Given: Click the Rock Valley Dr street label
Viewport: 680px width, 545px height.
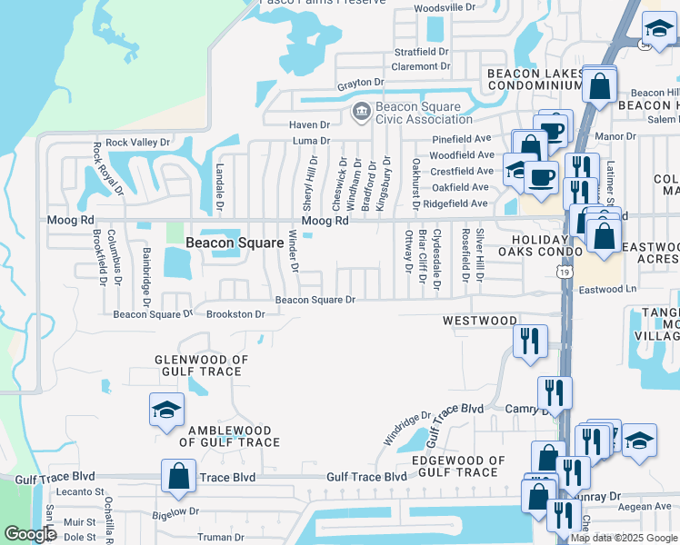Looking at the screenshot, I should tap(138, 143).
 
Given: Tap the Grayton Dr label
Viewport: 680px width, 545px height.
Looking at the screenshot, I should tap(358, 84).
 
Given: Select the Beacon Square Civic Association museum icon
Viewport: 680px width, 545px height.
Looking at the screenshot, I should tap(360, 113).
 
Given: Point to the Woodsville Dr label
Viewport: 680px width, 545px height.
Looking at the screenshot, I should tap(445, 8).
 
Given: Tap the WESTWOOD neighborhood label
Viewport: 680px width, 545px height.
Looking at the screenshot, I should tap(480, 321).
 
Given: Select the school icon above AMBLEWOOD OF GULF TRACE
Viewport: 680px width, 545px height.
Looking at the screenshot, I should tap(167, 410).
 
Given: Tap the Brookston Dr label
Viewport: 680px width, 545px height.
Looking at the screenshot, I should tap(235, 314).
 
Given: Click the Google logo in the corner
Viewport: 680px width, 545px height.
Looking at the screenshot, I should tap(31, 534).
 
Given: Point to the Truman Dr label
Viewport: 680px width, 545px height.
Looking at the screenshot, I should tap(218, 537).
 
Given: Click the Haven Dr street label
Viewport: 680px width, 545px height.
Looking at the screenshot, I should tap(310, 124).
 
